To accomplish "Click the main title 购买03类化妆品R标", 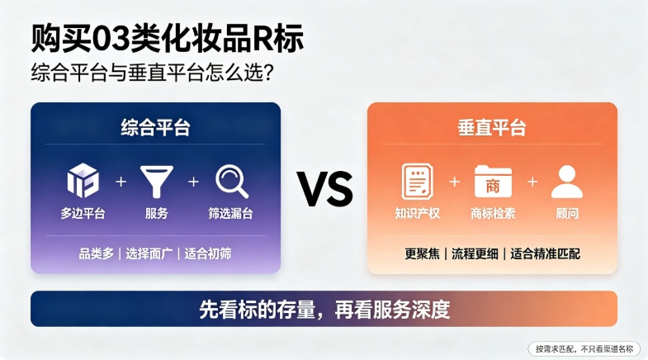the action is pos(168,39).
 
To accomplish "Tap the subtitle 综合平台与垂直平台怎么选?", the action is pos(152,73).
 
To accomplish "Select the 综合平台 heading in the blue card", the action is pos(155,127).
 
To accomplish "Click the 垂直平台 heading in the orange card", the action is pos(492,127).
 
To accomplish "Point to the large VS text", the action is pos(325,189).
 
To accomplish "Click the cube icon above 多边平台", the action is pos(83,181).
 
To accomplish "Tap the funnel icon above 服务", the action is pos(157,182).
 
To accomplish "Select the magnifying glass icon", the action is pos(232,182).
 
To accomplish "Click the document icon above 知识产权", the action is pos(418,182).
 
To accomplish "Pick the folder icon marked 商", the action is pos(493,182).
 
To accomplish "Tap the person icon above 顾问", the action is pos(567,182).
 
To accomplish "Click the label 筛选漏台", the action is pos(230,213).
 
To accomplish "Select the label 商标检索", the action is pos(493,213).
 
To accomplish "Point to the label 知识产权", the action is pos(418,213).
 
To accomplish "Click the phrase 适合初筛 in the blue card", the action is pos(208,253).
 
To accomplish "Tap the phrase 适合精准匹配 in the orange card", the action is pos(545,253).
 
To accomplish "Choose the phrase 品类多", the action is pos(97,253).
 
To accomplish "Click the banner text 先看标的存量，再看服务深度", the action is pos(324,309).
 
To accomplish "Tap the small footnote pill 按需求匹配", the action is pos(584,348).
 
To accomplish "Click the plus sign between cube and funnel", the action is pos(121,182).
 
